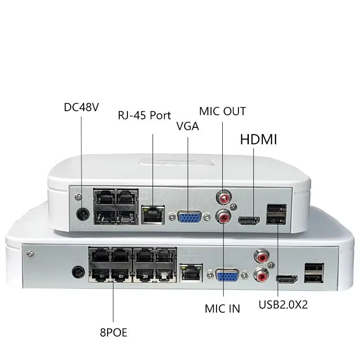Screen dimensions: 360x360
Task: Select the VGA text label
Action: (x=187, y=127)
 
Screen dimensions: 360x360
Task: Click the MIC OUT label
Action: (x=223, y=111)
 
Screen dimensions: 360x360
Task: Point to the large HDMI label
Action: (x=259, y=140)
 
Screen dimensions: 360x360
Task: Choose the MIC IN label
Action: (x=222, y=308)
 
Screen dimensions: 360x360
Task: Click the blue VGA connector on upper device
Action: (x=191, y=218)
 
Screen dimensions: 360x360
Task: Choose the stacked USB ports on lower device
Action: (x=314, y=272)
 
